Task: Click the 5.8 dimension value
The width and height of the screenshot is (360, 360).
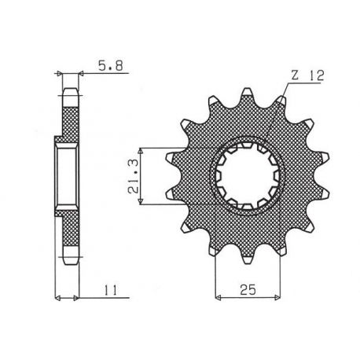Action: click(x=110, y=65)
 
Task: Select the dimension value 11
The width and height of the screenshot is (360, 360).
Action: click(x=112, y=290)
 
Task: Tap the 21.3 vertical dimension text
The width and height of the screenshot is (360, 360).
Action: click(x=133, y=176)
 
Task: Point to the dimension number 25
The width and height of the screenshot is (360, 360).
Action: click(x=248, y=290)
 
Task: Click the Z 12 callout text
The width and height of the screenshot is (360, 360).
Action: click(x=307, y=75)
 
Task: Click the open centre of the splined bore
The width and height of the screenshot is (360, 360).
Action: click(x=247, y=176)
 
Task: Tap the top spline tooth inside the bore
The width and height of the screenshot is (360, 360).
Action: click(x=247, y=145)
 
